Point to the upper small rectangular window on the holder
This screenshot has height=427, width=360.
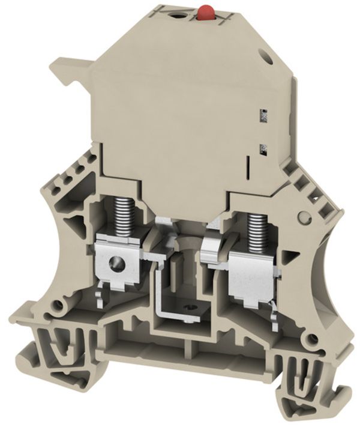click(262, 112)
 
